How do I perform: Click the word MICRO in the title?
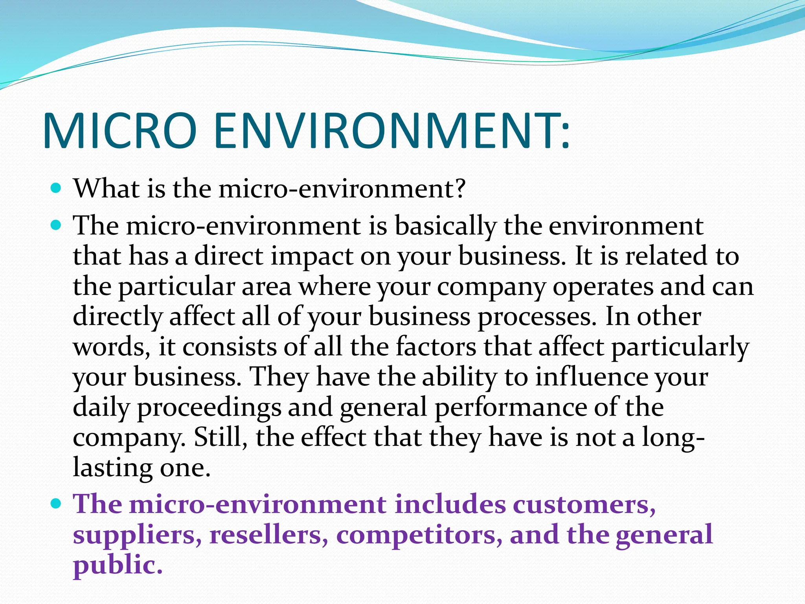[x=119, y=131]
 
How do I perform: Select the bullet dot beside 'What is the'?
[x=57, y=188]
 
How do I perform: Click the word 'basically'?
[x=445, y=227]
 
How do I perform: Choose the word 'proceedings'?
[x=209, y=408]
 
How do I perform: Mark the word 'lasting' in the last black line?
[x=112, y=468]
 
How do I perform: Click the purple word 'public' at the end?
[x=117, y=565]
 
